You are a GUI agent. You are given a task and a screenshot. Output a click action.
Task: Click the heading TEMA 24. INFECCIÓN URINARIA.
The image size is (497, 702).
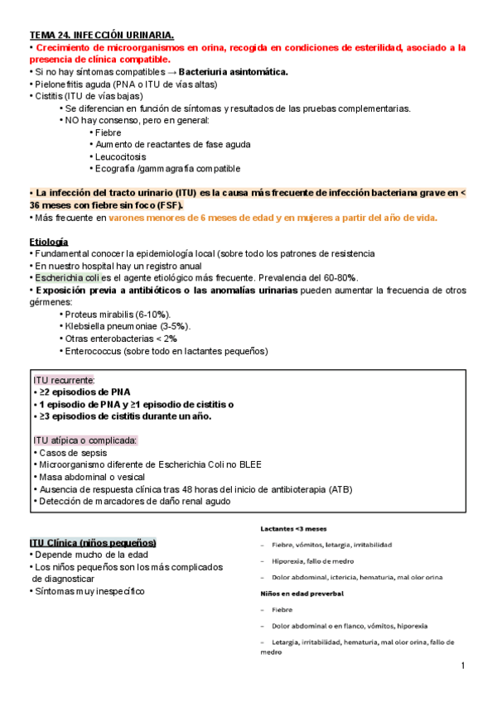pyautogui.click(x=102, y=36)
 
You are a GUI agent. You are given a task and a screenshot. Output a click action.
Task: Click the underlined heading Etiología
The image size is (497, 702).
pyautogui.click(x=49, y=241)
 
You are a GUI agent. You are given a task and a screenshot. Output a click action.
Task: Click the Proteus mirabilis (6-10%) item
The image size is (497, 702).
pyautogui.click(x=118, y=315)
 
